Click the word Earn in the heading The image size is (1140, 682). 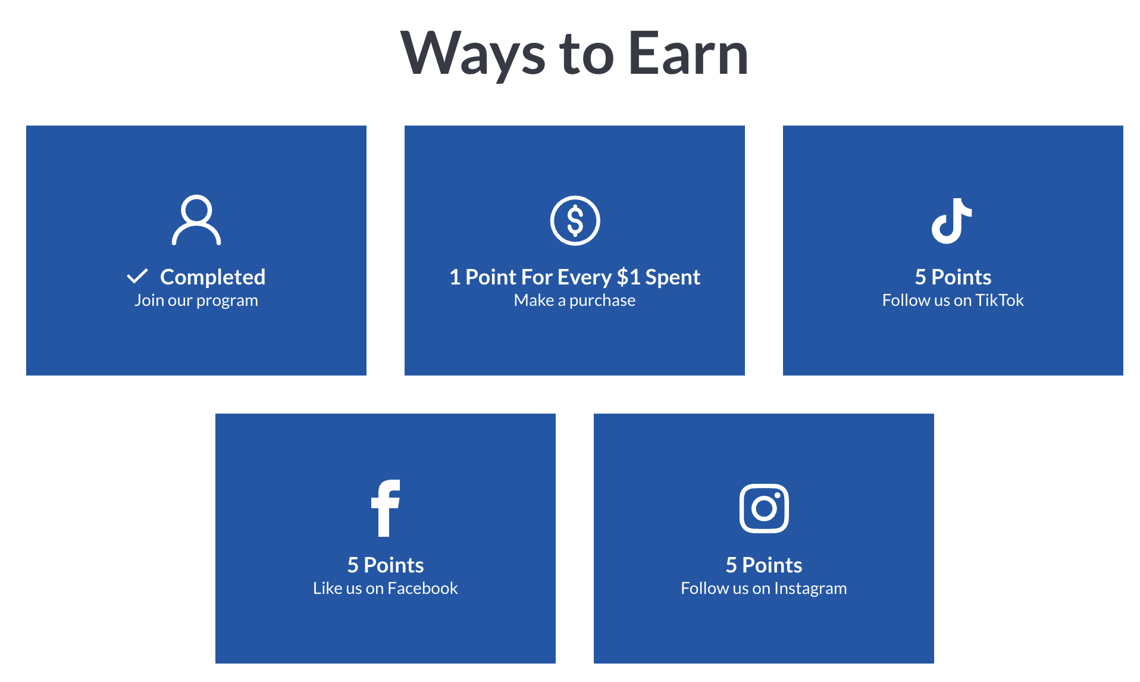tap(688, 54)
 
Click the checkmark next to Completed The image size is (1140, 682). tap(137, 276)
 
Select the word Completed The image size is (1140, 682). tap(213, 277)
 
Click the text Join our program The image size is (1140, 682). tap(196, 300)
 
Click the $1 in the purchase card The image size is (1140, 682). tap(628, 277)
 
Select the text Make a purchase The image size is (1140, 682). tap(575, 300)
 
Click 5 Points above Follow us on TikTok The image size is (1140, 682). tap(953, 277)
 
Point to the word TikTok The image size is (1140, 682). tap(1000, 300)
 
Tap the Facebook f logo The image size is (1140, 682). tap(385, 508)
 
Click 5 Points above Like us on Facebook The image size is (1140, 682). tap(386, 565)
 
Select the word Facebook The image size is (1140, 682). tap(422, 588)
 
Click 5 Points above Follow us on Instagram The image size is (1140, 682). tap(764, 565)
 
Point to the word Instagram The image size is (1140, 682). tap(810, 589)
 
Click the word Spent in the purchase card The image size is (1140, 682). tap(673, 277)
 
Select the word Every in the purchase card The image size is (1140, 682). tap(584, 277)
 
